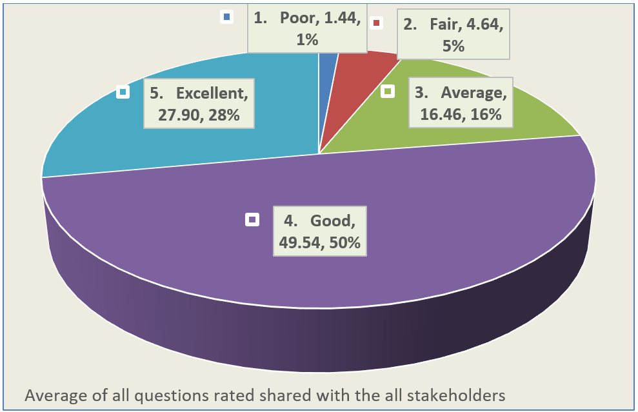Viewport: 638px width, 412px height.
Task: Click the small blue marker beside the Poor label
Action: point(226,17)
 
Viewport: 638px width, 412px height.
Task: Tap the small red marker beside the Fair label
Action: point(376,24)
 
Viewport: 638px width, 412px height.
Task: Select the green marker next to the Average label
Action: point(388,92)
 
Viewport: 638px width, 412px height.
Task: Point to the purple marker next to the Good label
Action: point(252,220)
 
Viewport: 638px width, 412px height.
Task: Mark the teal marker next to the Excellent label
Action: point(122,92)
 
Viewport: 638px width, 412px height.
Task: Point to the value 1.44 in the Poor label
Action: point(342,19)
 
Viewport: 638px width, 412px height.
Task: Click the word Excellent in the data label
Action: point(212,93)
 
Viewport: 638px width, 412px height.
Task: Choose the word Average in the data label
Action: point(474,93)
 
